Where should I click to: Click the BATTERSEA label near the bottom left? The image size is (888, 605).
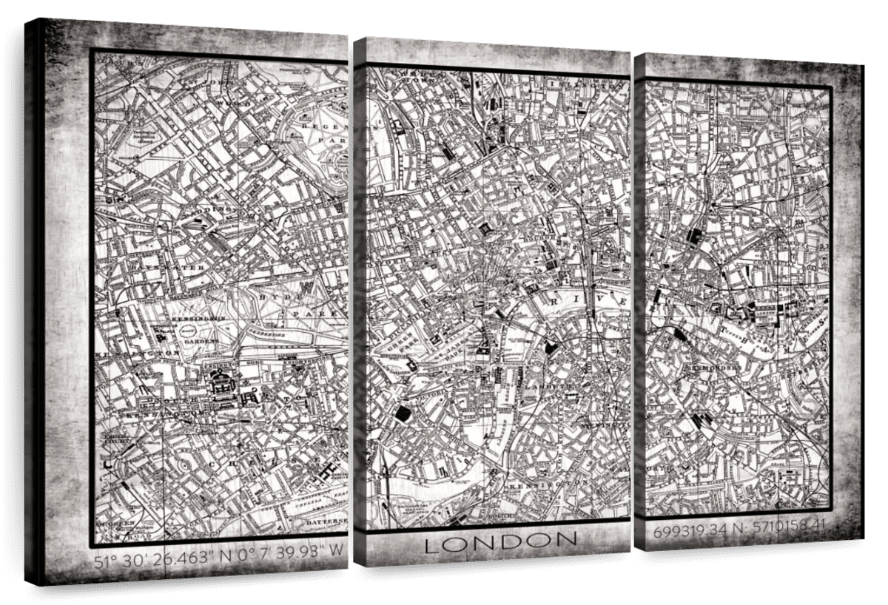(x=326, y=521)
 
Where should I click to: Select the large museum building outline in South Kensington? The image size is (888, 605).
(x=221, y=385)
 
